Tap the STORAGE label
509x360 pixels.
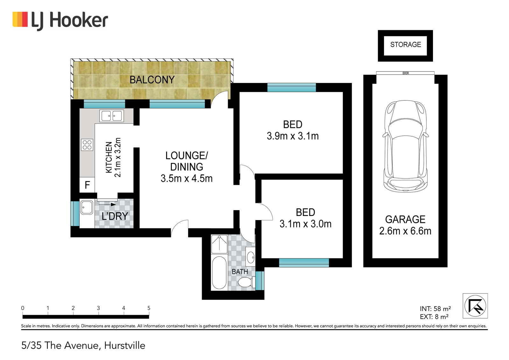(405, 45)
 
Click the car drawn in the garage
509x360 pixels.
(405, 147)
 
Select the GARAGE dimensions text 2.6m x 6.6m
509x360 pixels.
(405, 231)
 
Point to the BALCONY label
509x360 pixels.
(152, 80)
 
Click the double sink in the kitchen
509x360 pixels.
(112, 116)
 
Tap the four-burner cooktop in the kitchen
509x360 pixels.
(87, 145)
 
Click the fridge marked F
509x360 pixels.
(87, 185)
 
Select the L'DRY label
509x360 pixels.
(115, 216)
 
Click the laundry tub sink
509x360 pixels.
(87, 207)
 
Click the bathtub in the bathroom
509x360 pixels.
(219, 273)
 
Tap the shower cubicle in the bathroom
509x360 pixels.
(219, 244)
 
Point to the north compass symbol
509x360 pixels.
(475, 306)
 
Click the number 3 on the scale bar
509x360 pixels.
(98, 308)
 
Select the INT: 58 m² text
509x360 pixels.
(435, 309)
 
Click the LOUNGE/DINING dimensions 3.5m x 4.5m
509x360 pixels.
(186, 178)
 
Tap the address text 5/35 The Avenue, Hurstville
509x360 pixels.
(83, 345)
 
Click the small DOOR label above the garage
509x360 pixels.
(405, 73)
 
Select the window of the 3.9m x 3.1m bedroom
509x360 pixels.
(291, 87)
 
